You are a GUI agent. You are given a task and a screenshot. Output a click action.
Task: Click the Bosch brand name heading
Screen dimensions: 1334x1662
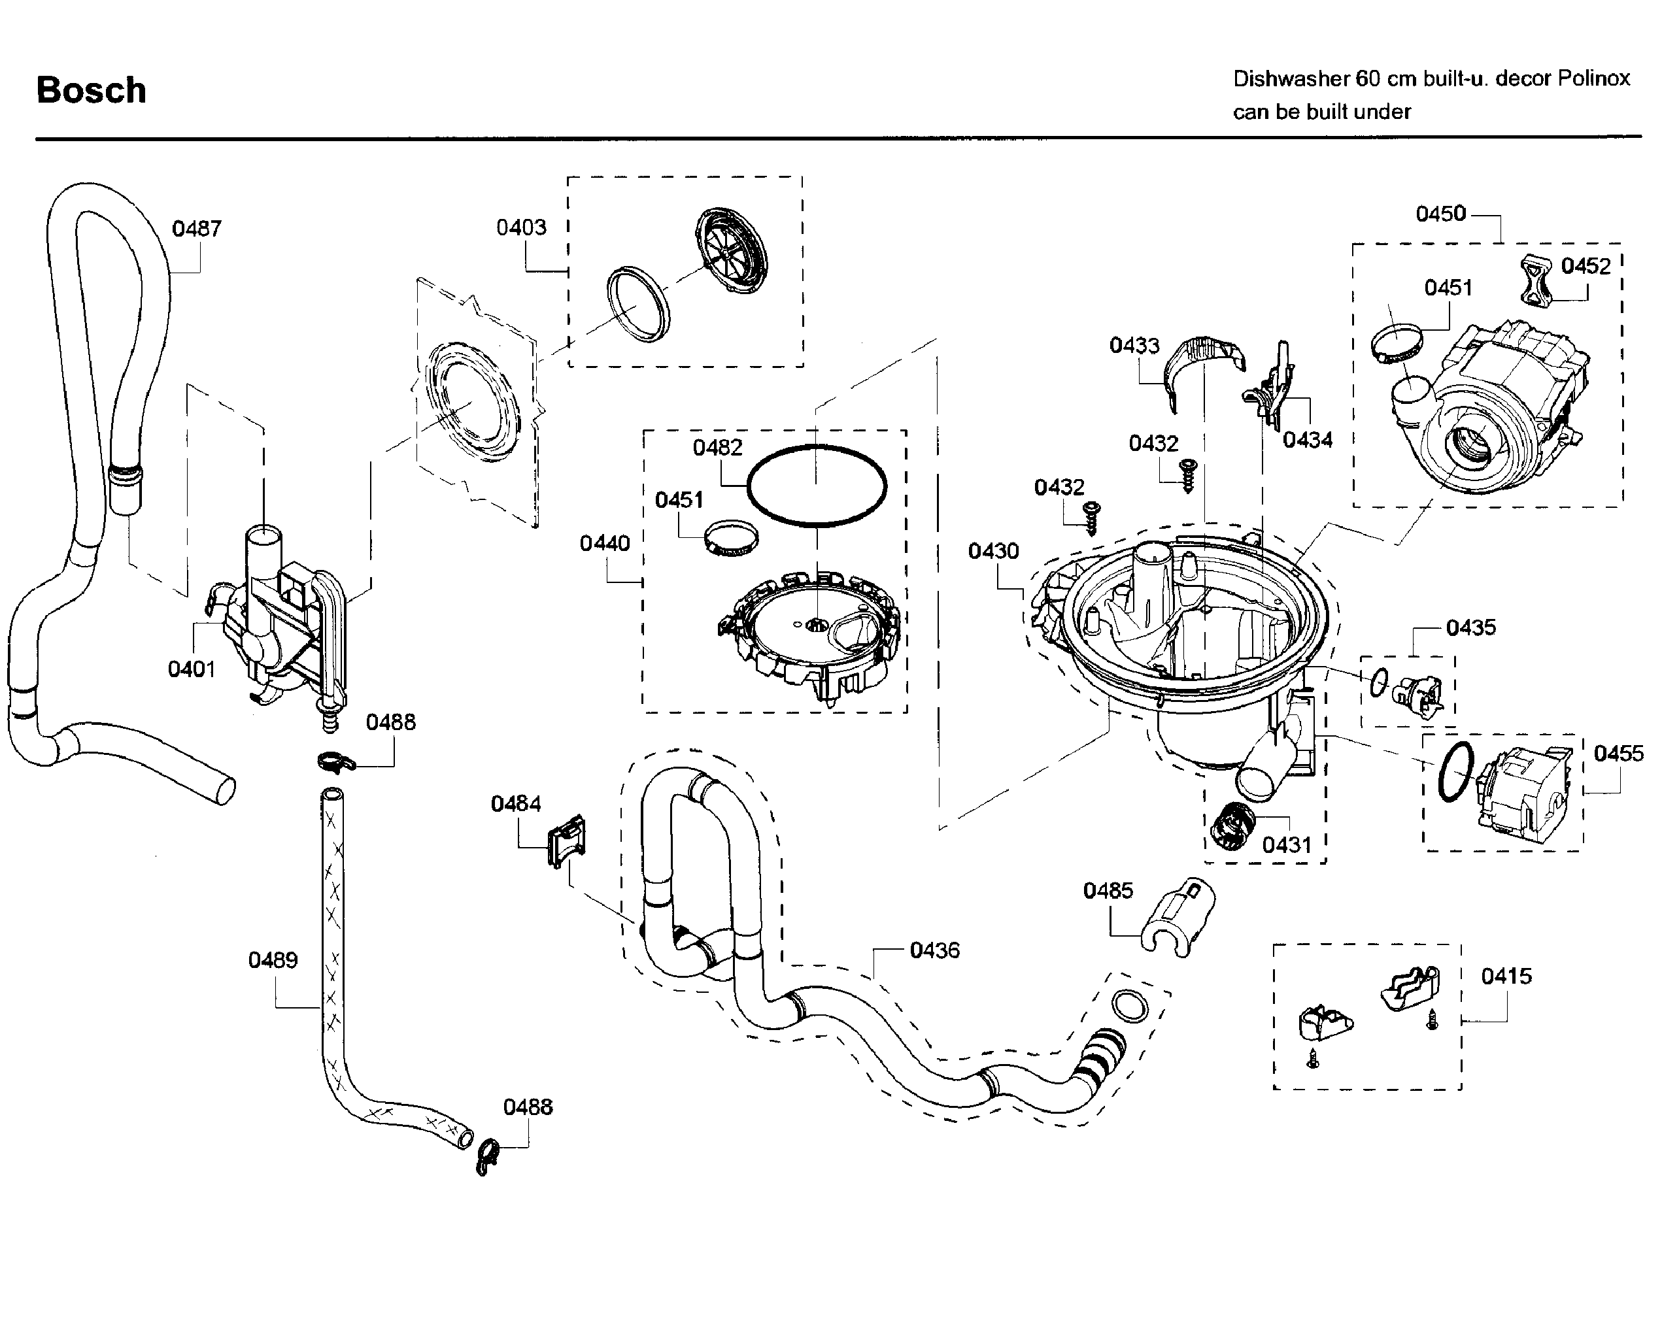click(91, 90)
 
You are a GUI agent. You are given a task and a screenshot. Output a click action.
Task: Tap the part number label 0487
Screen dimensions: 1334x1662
click(197, 228)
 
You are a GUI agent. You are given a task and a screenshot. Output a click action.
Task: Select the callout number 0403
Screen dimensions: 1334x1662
click(521, 227)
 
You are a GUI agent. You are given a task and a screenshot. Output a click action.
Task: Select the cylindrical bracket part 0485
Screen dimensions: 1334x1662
click(1180, 916)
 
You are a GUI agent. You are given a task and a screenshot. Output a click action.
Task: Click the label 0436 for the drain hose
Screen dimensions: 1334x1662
click(934, 950)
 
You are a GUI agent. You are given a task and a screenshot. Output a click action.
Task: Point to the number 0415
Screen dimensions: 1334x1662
click(1506, 976)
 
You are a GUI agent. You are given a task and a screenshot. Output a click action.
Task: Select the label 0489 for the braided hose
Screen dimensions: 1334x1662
click(273, 960)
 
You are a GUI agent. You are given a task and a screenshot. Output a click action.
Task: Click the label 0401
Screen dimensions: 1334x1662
click(191, 669)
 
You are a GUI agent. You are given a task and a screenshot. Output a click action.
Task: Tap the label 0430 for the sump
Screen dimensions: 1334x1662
click(994, 551)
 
